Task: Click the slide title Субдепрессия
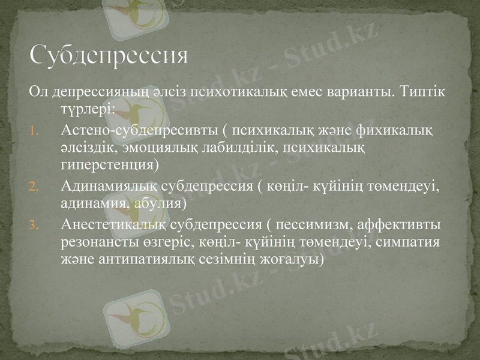click(109, 55)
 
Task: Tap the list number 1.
click(34, 130)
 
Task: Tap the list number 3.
click(34, 226)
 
